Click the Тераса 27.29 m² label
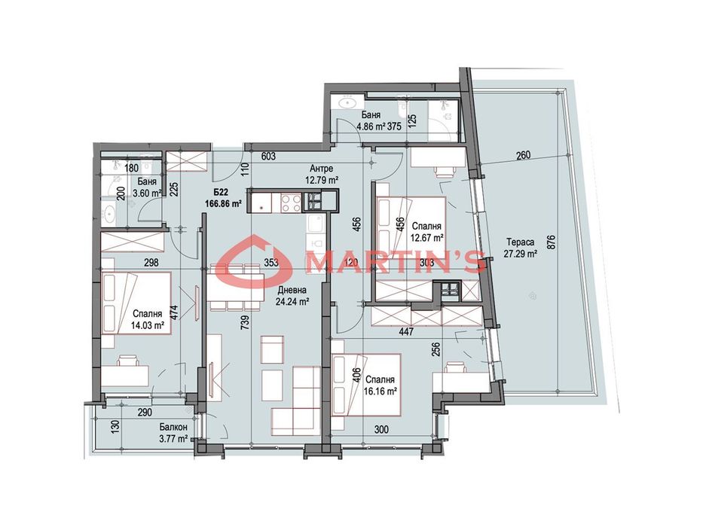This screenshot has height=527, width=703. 520,248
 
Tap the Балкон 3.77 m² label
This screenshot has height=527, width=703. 173,433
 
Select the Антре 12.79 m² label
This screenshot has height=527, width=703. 321,175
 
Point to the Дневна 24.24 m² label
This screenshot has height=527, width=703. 292,296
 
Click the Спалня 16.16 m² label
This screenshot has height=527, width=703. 381,385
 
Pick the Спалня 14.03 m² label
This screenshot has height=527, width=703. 148,319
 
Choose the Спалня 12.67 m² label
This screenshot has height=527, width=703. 426,232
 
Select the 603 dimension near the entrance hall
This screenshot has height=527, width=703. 268,157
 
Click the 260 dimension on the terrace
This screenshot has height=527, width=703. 523,156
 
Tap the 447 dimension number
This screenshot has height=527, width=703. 406,332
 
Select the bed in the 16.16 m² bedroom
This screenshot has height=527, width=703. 366,385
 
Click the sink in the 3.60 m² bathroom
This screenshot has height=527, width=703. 109,215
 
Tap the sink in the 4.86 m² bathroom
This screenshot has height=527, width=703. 346,102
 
